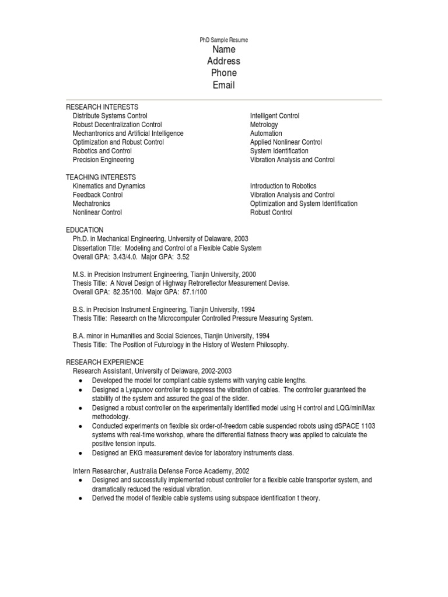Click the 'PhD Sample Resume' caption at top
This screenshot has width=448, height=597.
(224, 40)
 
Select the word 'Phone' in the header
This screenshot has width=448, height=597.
(224, 73)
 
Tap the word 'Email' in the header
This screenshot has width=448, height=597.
(224, 85)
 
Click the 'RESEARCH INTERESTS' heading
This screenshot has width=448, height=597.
(102, 107)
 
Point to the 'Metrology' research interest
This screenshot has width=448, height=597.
(264, 125)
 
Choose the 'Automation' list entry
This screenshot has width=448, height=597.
(266, 134)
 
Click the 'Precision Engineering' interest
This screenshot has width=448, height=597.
(103, 160)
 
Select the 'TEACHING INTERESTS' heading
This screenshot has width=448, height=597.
(101, 177)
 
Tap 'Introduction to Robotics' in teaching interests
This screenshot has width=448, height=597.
(283, 186)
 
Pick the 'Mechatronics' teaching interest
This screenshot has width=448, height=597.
(92, 204)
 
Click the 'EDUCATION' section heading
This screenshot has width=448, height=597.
(85, 230)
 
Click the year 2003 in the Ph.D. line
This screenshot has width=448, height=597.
(240, 239)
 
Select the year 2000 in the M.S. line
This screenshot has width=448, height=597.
(247, 275)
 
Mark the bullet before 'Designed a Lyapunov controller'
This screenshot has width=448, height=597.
(79, 390)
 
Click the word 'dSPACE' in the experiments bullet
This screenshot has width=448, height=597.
(332, 426)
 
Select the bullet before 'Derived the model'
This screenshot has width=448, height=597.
(79, 499)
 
